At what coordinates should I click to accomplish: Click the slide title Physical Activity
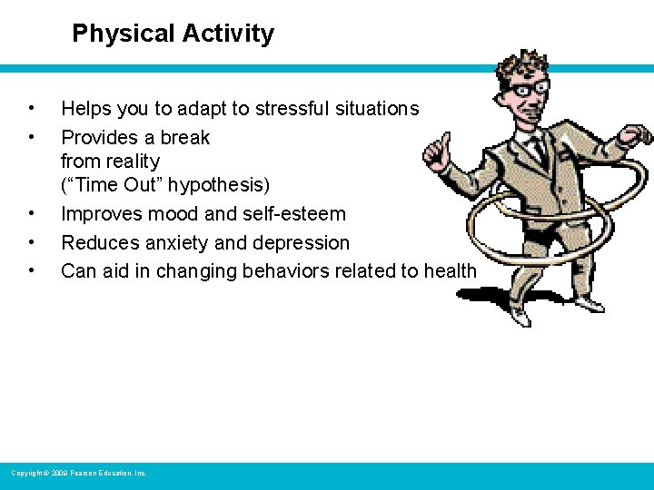(x=173, y=34)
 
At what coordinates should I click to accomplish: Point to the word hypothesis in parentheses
(x=221, y=185)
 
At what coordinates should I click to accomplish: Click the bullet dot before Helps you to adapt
(x=32, y=109)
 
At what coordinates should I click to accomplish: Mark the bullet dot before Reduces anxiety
(x=32, y=243)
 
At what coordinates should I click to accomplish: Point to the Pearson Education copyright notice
(x=78, y=473)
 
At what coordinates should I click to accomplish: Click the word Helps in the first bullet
(x=86, y=109)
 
